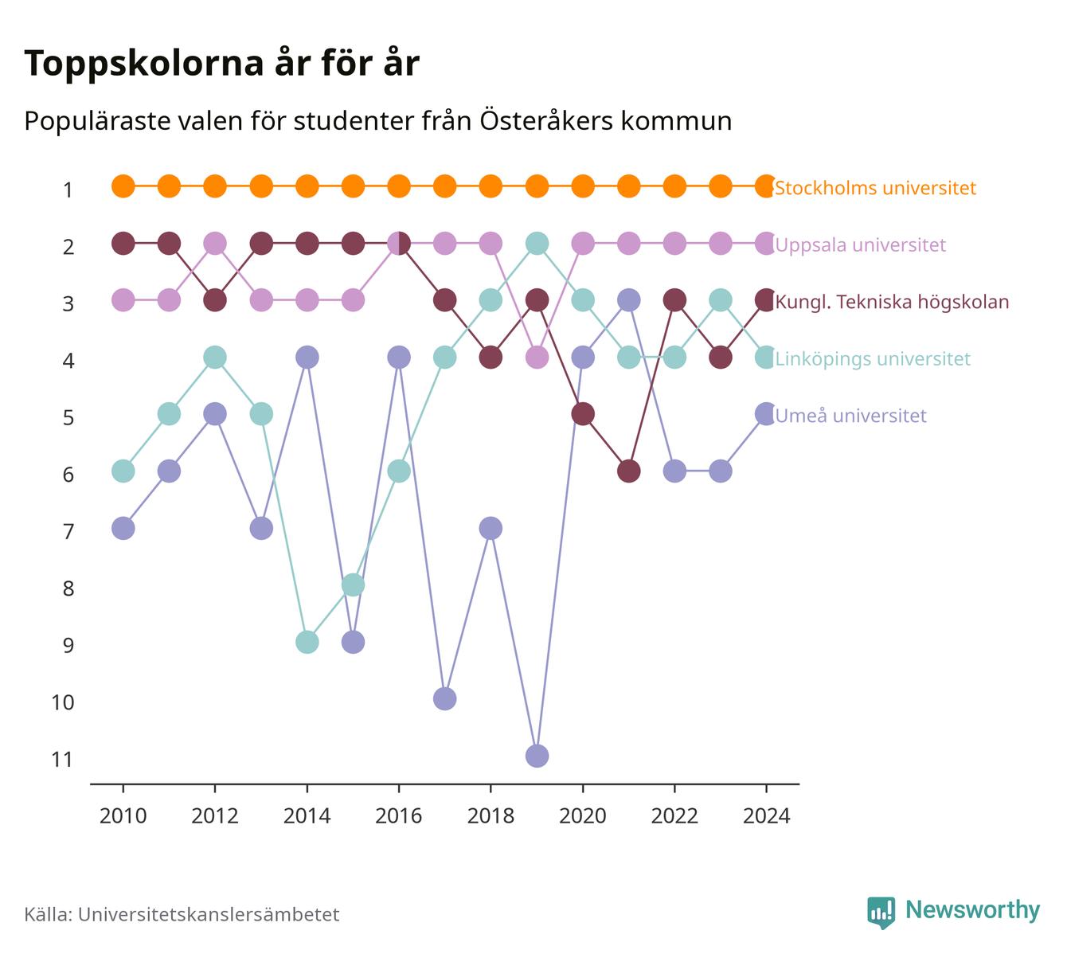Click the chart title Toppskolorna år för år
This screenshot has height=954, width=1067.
[x=221, y=63]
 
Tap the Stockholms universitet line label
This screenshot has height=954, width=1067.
[x=875, y=188]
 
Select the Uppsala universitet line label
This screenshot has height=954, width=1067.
[x=860, y=245]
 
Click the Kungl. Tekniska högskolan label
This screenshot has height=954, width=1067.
[x=892, y=302]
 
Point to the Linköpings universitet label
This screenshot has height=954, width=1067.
[x=872, y=358]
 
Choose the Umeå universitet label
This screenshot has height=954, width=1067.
[x=850, y=416]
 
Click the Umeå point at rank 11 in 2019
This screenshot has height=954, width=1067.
[x=537, y=756]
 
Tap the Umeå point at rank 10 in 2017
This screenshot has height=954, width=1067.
[x=444, y=699]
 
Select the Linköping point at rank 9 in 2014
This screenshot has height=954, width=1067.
[x=307, y=642]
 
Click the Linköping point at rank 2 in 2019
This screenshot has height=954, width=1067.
[x=537, y=244]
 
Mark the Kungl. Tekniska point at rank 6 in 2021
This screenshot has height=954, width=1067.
[x=628, y=471]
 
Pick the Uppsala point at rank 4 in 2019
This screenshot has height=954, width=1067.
[x=537, y=358]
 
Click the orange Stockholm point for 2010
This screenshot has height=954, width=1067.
[x=123, y=186]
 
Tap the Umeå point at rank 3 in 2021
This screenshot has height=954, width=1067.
[x=628, y=300]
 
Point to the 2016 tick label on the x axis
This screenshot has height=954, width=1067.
[x=399, y=816]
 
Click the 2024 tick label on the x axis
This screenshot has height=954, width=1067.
[x=766, y=816]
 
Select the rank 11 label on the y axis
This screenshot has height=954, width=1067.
[x=62, y=760]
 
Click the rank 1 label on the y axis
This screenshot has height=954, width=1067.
[x=68, y=190]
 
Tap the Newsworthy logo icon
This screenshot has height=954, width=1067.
[x=881, y=913]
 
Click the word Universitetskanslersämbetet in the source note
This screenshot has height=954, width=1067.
[x=209, y=914]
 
